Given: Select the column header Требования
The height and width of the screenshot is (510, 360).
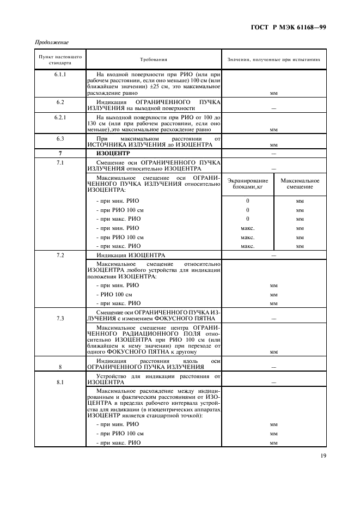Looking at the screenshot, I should (153, 60).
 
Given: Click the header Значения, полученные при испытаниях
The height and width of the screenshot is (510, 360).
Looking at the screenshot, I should (273, 60).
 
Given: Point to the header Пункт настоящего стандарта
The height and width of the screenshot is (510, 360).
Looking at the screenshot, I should (60, 60).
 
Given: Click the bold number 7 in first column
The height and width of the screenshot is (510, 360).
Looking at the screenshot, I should (60, 154).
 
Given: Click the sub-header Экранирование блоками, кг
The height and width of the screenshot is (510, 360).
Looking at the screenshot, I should (248, 184).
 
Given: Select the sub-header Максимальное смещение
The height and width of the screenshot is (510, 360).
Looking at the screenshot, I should (300, 184).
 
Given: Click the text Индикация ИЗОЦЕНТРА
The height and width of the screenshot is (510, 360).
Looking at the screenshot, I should (131, 255).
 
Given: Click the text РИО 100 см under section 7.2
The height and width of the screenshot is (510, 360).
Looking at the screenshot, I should (114, 294).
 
